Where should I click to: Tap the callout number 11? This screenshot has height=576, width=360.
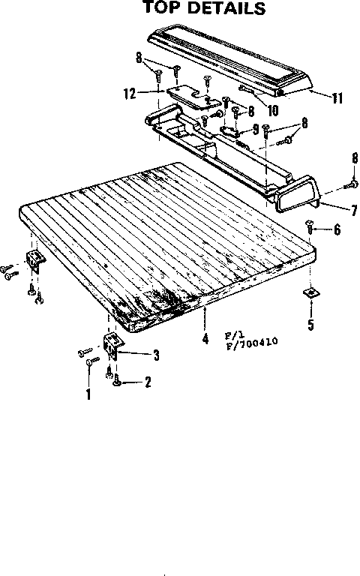pos(337,98)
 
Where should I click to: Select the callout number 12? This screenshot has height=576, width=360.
pos(130,93)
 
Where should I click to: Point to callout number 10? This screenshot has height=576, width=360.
pos(272,110)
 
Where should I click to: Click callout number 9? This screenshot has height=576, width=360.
pos(256,129)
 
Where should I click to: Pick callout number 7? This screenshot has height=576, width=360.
pos(354,210)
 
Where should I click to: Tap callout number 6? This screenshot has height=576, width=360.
pos(337,229)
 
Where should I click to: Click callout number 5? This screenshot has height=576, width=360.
pos(311,324)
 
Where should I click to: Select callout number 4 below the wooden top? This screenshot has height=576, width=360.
pos(205,338)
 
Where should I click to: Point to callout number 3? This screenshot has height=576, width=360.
pos(157,355)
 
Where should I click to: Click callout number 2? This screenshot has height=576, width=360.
pos(148,382)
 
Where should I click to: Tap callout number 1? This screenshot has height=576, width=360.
pos(88,394)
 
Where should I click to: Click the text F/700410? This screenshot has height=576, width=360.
pos(252,343)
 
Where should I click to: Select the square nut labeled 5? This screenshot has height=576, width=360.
pos(311,293)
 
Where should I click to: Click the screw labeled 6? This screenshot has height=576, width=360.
pos(310,226)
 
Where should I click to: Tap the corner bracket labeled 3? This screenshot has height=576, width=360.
pos(114,346)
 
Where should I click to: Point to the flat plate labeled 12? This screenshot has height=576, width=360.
pos(187,96)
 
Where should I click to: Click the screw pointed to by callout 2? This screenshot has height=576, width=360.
pos(117,380)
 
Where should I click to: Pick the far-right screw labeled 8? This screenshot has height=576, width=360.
pos(351,184)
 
